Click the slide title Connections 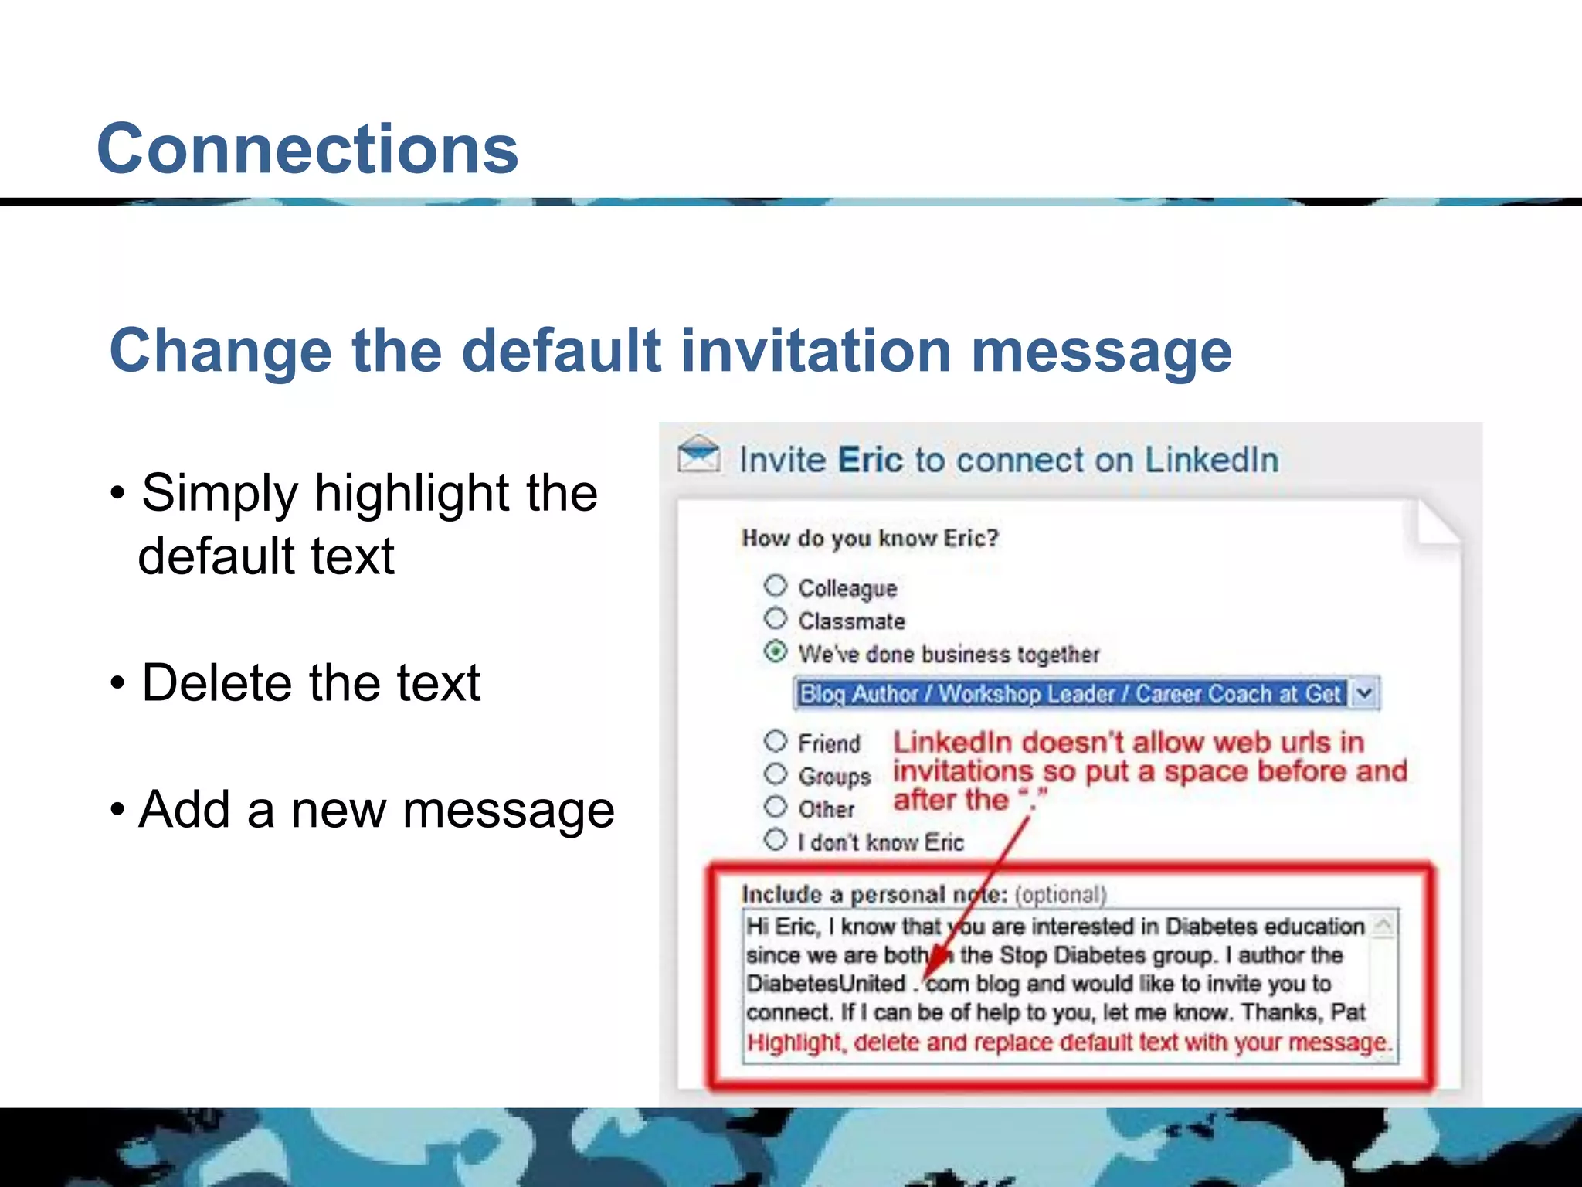pyautogui.click(x=307, y=148)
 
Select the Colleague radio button pyautogui.click(x=776, y=586)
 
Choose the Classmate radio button pyautogui.click(x=776, y=618)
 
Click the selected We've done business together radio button pyautogui.click(x=776, y=651)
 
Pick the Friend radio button pyautogui.click(x=776, y=741)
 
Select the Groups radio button pyautogui.click(x=776, y=774)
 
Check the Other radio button pyautogui.click(x=776, y=807)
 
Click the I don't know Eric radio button pyautogui.click(x=776, y=839)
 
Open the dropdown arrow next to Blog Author pyautogui.click(x=1365, y=693)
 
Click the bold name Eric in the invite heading pyautogui.click(x=870, y=460)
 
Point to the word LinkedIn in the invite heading pyautogui.click(x=1211, y=460)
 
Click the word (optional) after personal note pyautogui.click(x=1061, y=895)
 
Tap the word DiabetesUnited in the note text pyautogui.click(x=826, y=984)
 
